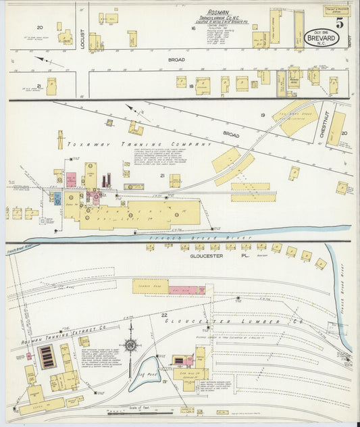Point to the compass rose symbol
click(x=130, y=345)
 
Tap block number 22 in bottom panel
click(x=164, y=315)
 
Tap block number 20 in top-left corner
click(x=40, y=28)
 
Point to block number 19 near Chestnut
click(x=263, y=116)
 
